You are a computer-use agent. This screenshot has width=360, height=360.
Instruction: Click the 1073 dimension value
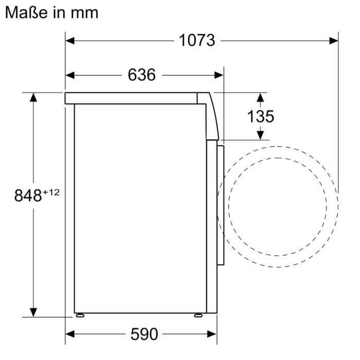(196, 40)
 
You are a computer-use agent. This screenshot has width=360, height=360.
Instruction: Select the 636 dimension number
(141, 75)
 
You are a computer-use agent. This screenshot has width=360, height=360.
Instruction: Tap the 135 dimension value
(260, 117)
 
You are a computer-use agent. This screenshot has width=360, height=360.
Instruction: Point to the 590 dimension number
(143, 334)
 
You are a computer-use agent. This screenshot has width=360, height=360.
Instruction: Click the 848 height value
(28, 196)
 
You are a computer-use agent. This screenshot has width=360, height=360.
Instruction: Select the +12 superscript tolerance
(51, 192)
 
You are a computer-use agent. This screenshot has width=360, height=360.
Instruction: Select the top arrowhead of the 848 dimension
(33, 97)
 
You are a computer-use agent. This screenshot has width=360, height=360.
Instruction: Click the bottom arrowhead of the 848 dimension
(33, 313)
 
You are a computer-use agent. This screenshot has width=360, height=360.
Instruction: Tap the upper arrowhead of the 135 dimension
(260, 97)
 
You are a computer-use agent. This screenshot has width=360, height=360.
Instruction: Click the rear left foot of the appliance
(79, 315)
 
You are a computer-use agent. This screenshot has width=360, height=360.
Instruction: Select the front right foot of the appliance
(197, 315)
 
